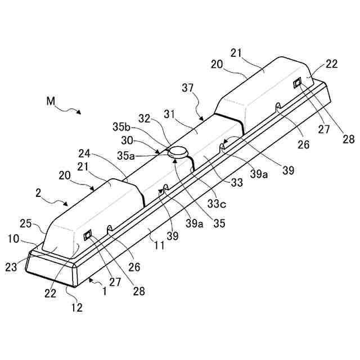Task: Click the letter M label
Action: pyautogui.click(x=51, y=102)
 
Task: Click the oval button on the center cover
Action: pyautogui.click(x=179, y=151)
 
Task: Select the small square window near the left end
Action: pyautogui.click(x=88, y=235)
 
